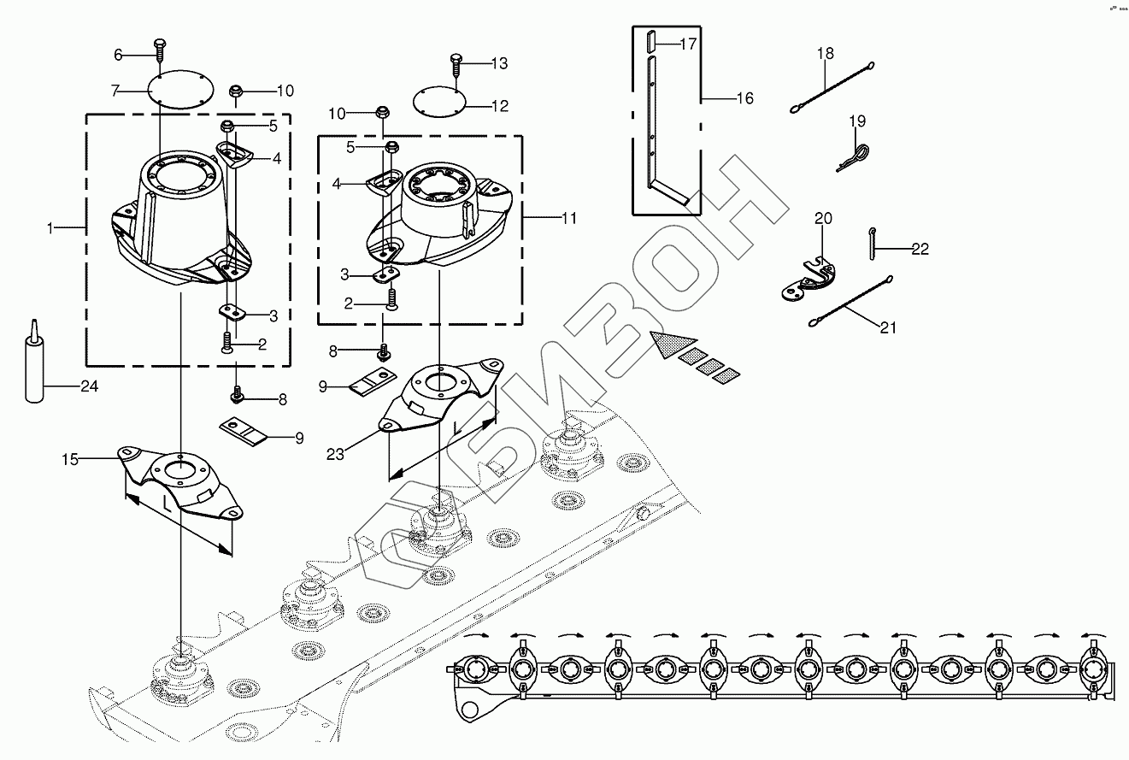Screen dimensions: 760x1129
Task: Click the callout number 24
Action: click(x=88, y=386)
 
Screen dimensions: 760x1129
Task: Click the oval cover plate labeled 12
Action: click(x=439, y=102)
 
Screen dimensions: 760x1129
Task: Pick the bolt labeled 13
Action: click(x=455, y=64)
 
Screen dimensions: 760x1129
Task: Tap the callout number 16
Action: click(x=744, y=98)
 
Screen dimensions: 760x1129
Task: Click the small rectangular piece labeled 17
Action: click(x=652, y=40)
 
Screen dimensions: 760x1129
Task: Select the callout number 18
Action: click(x=825, y=54)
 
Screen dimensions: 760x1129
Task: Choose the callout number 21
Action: click(x=888, y=327)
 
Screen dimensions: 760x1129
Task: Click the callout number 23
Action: click(x=335, y=454)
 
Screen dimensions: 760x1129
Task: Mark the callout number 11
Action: click(x=569, y=219)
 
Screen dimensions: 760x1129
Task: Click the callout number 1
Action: click(x=50, y=227)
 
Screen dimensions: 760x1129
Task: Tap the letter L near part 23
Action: click(x=458, y=427)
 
